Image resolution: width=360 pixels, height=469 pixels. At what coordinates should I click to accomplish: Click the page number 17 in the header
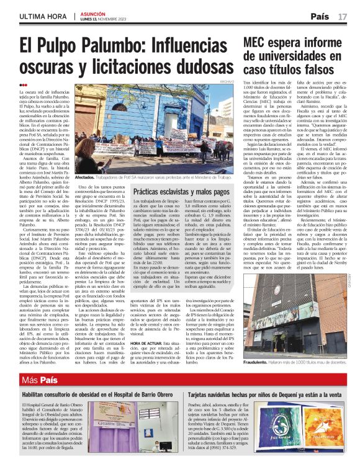(x=343, y=16)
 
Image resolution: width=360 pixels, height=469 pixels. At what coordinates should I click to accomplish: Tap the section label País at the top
(x=320, y=16)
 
